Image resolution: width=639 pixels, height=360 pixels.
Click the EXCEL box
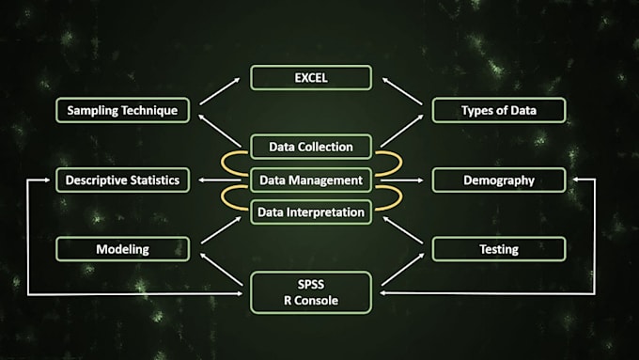click(x=311, y=77)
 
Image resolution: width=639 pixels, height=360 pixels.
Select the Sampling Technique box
click(x=122, y=110)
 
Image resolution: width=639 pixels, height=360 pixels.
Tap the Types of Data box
click(x=498, y=110)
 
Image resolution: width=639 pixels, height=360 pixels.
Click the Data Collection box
click(x=311, y=147)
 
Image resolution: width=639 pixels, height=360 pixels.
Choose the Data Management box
click(x=311, y=180)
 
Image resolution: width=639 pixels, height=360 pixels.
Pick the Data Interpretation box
click(x=311, y=212)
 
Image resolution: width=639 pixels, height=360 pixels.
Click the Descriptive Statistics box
click(x=122, y=180)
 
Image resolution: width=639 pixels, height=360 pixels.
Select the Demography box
click(x=498, y=180)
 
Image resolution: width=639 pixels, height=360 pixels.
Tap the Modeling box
click(x=122, y=249)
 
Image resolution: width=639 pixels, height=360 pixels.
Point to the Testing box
click(x=498, y=249)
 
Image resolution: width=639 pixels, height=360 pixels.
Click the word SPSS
click(x=311, y=284)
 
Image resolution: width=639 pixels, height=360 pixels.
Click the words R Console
click(x=311, y=301)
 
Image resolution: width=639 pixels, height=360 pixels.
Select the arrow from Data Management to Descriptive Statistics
click(x=220, y=180)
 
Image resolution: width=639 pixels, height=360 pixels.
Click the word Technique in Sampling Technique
click(x=149, y=111)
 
